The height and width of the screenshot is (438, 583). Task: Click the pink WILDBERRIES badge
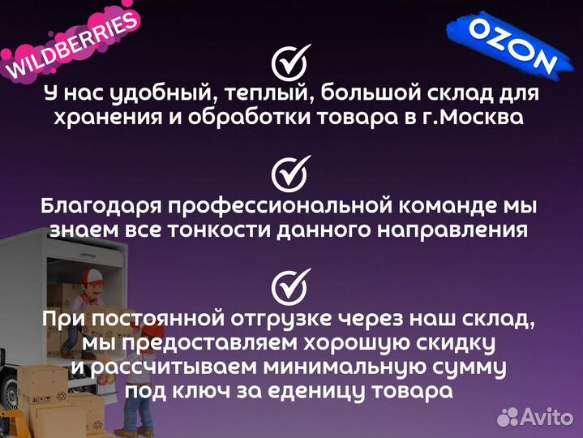(71, 47)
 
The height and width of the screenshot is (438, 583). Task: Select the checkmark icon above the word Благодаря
(289, 173)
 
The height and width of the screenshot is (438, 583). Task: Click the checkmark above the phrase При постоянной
(289, 286)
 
